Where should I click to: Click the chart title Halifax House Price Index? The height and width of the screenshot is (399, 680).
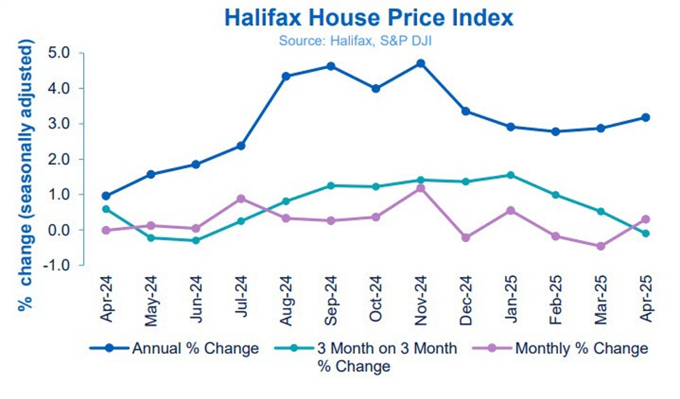click(x=368, y=17)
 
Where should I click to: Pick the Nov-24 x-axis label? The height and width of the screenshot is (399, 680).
click(x=421, y=299)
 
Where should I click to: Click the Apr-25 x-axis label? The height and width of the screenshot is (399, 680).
click(x=647, y=299)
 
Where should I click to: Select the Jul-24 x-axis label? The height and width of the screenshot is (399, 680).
click(x=241, y=299)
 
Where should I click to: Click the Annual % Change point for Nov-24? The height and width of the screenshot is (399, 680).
click(x=421, y=63)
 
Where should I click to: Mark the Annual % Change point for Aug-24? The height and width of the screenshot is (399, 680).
click(x=286, y=76)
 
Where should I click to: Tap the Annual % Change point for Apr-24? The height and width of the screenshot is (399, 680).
click(x=105, y=196)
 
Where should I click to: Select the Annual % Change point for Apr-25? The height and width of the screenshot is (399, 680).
click(x=646, y=117)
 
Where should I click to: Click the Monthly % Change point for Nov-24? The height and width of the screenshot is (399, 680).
click(x=421, y=188)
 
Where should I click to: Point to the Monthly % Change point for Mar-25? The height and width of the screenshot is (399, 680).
click(x=600, y=246)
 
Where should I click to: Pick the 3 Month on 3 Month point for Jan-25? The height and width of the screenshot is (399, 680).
click(x=511, y=175)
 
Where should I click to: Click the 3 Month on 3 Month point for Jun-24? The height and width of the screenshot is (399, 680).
click(x=195, y=241)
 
